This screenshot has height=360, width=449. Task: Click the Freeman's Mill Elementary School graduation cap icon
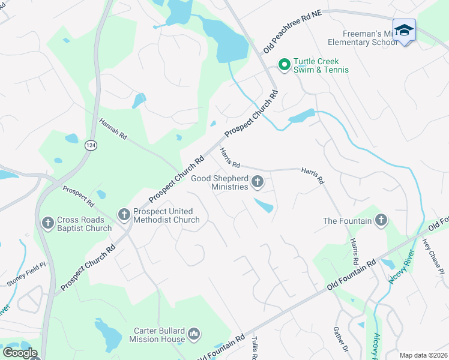point(404,30)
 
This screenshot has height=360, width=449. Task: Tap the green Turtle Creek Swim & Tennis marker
point(283,64)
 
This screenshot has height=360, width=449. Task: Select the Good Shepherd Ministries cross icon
point(258,181)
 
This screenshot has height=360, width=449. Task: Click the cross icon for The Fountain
point(380,220)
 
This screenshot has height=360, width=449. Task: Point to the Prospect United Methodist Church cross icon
point(124,214)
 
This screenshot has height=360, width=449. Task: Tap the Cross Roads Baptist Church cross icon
point(47,223)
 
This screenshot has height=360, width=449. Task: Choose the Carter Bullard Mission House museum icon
point(193,334)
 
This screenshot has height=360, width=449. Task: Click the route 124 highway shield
point(91,146)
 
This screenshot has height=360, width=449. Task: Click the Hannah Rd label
point(113,128)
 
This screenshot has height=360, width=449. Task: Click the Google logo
point(19,353)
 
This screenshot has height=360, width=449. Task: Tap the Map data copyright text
point(423,355)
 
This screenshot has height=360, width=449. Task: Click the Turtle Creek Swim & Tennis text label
point(321,65)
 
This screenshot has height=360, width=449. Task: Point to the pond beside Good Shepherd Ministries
point(264,206)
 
